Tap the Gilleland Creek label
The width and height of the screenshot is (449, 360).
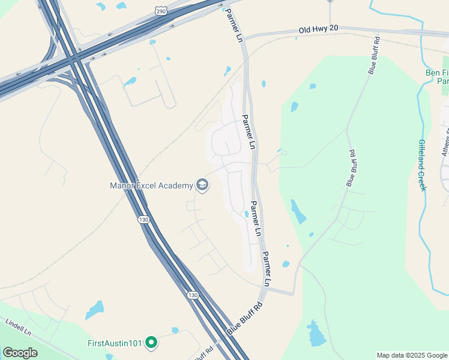(422, 165)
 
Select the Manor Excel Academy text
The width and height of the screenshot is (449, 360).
(151, 185)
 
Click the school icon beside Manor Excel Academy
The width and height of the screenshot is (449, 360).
(202, 185)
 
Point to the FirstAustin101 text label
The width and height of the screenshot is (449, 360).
(115, 343)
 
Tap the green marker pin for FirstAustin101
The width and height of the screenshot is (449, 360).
(152, 343)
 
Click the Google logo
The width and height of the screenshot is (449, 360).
(20, 353)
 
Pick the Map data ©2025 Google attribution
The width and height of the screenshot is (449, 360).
(412, 356)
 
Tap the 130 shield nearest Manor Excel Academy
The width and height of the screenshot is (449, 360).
(143, 220)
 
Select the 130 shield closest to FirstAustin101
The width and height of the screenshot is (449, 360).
(192, 295)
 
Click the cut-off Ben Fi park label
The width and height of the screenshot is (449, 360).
(438, 77)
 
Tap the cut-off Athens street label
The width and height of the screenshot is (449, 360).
(445, 142)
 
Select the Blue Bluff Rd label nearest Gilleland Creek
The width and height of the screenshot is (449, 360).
(352, 168)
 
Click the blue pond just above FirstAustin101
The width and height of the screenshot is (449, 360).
(95, 310)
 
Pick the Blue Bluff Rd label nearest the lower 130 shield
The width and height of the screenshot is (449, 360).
(244, 319)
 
